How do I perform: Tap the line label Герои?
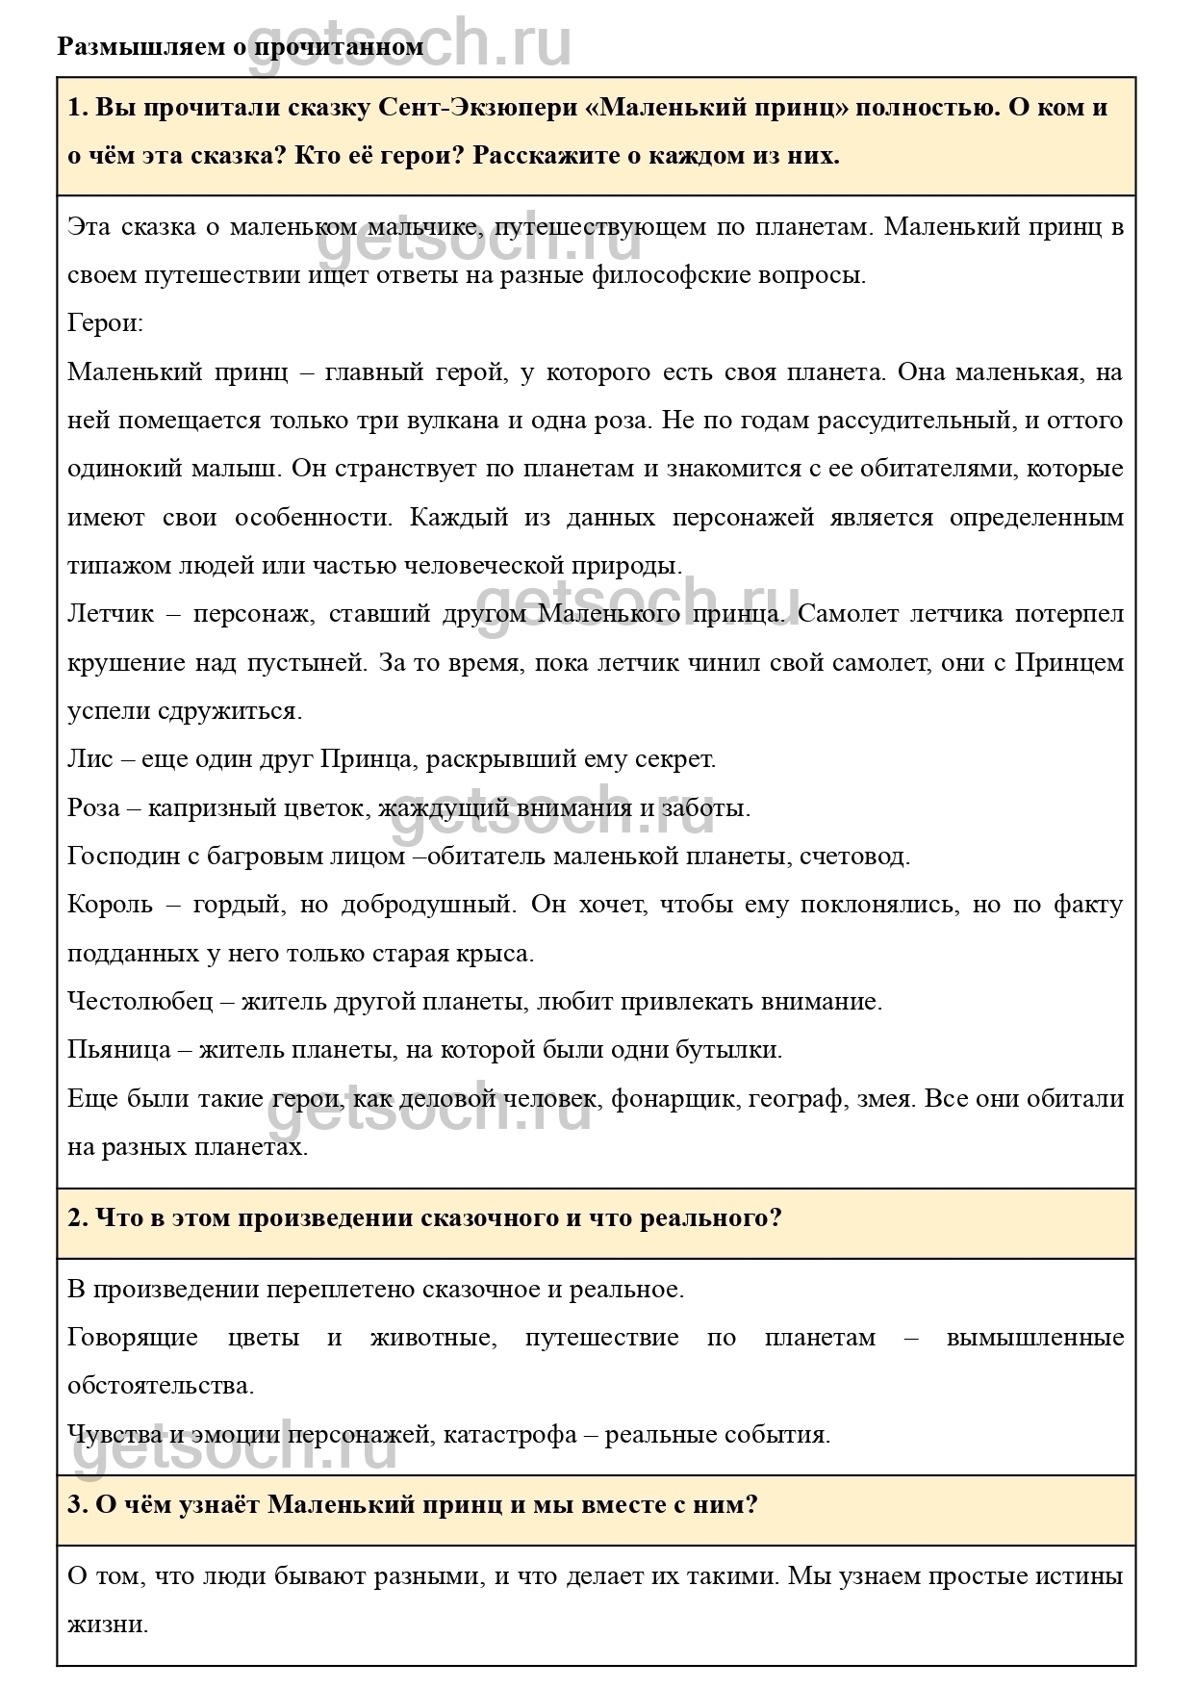click(105, 323)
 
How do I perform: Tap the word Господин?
click(129, 856)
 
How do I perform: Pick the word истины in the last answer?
click(1081, 1577)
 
